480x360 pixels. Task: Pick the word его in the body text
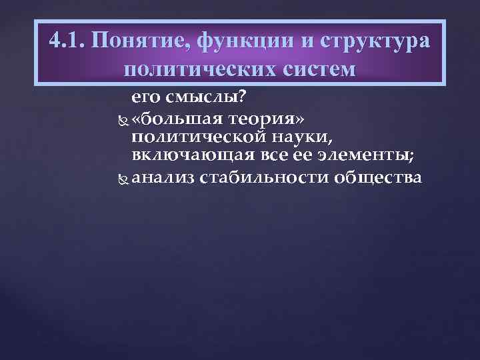(148, 98)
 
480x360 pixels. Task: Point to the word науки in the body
(309, 137)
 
